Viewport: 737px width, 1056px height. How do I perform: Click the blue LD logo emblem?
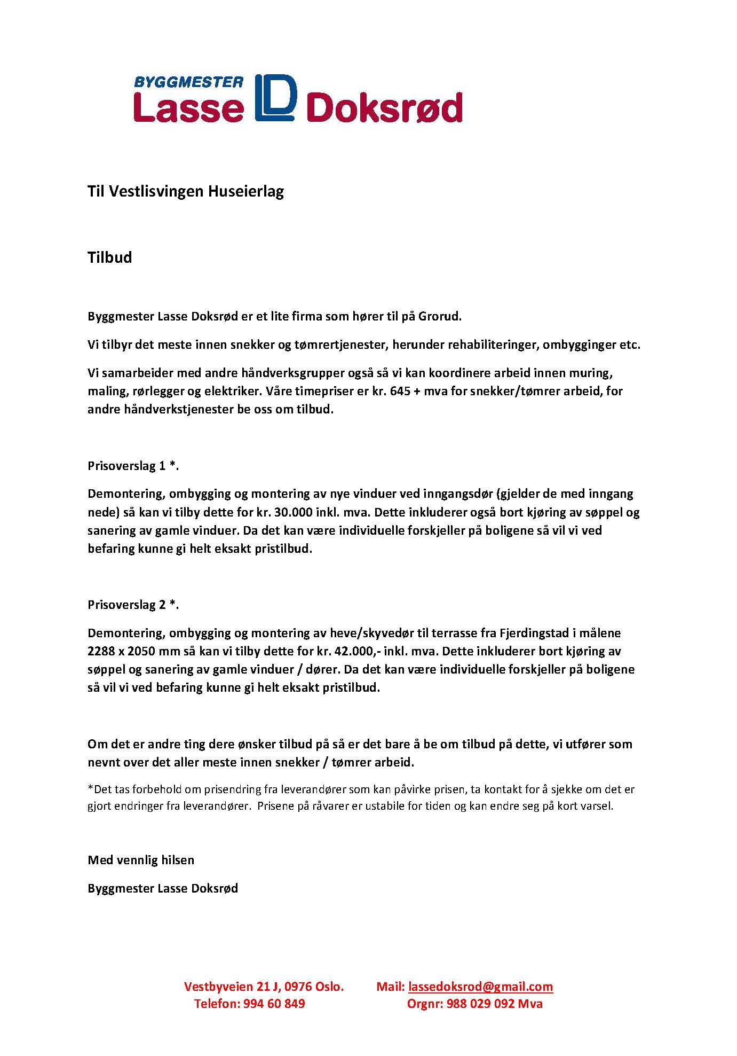tap(275, 97)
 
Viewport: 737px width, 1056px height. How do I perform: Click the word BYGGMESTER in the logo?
tap(188, 82)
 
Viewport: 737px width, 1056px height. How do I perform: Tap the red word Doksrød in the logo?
tap(385, 108)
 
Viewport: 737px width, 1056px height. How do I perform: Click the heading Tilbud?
tap(109, 257)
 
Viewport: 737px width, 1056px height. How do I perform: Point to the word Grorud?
tap(439, 316)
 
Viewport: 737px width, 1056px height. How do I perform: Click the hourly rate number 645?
tap(400, 391)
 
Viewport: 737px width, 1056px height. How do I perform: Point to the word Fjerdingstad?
tap(533, 633)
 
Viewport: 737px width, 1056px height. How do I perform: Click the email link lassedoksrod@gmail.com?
tap(480, 987)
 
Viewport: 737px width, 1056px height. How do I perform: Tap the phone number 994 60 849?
tap(274, 1004)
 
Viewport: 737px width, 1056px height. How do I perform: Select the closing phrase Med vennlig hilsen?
tap(141, 860)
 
